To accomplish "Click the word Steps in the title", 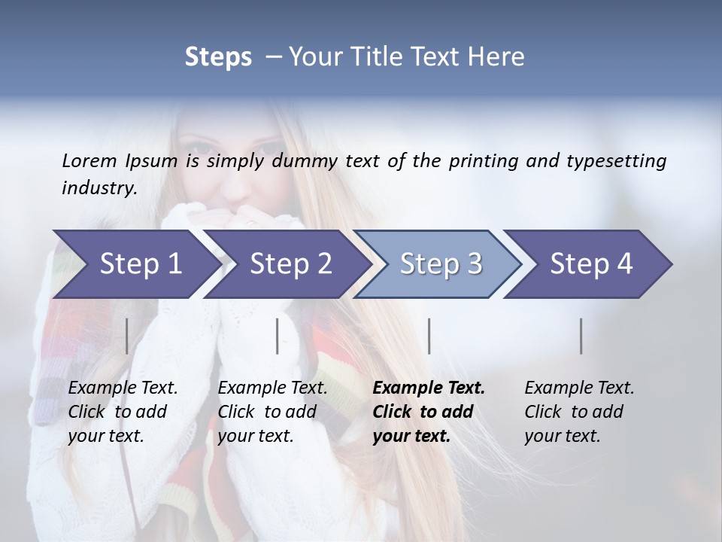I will [218, 57].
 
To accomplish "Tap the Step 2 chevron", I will [290, 263].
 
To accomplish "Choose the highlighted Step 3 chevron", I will [441, 263].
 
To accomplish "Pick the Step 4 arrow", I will [591, 263].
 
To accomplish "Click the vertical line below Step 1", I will [127, 336].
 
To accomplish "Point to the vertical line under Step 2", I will [278, 336].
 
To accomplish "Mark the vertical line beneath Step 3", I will [429, 336].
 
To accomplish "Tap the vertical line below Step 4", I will [581, 336].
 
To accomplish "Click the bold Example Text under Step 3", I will [429, 388].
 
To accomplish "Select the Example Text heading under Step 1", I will [123, 388].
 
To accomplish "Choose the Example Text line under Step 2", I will [272, 388].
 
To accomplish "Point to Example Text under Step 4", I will [579, 388].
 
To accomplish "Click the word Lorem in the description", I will [89, 161].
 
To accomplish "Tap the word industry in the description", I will [99, 188].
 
